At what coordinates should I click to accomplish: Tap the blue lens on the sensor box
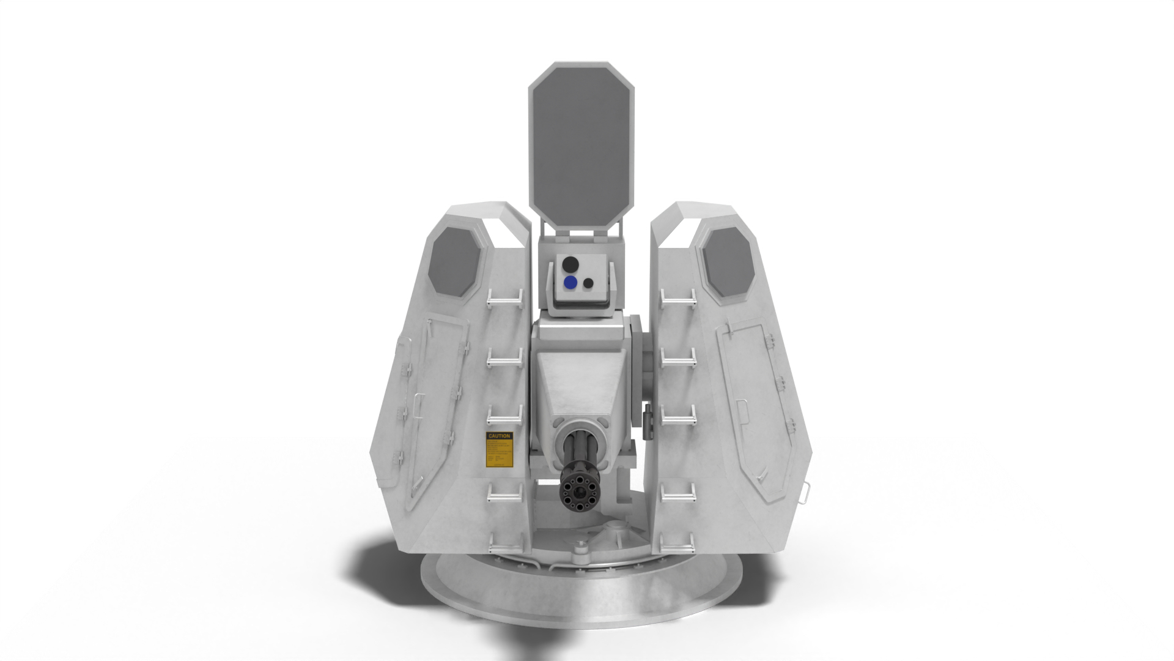[570, 282]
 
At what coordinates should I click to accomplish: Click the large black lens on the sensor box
[570, 264]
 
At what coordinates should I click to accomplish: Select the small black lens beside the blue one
[588, 283]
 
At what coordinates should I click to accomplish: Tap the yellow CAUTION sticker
[499, 450]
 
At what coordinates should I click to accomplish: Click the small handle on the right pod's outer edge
[806, 490]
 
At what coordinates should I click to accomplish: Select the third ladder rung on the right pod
[678, 418]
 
